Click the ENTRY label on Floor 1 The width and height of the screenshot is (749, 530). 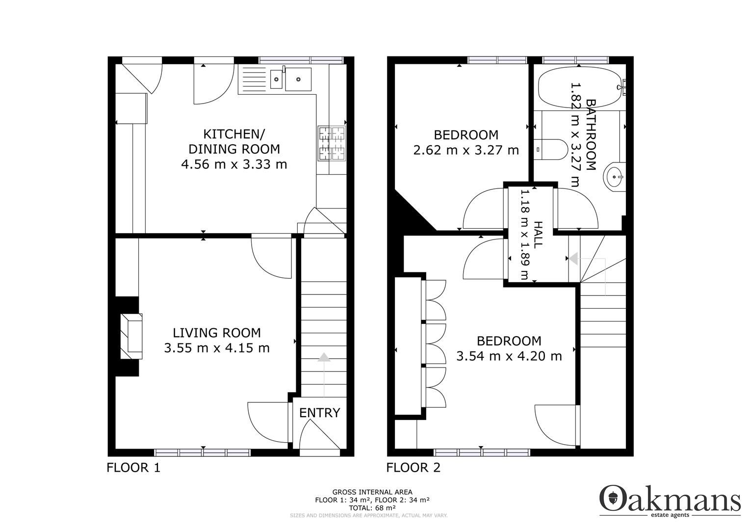click(x=319, y=413)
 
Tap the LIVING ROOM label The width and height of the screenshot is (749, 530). click(x=212, y=333)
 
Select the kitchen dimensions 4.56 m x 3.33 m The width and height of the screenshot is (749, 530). click(x=234, y=164)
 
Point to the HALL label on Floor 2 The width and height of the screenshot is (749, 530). click(x=538, y=234)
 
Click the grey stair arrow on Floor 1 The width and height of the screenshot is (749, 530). click(x=324, y=358)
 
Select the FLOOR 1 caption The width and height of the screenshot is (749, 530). click(x=133, y=468)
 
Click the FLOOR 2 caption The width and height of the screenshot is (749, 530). click(x=413, y=468)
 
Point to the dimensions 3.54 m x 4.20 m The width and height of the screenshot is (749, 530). click(x=509, y=356)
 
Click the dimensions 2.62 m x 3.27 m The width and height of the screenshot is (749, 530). click(x=466, y=150)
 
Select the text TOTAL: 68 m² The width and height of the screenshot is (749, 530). click(x=372, y=507)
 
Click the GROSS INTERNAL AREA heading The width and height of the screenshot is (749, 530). click(x=372, y=492)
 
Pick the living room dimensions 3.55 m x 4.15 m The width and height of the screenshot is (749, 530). click(x=217, y=348)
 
